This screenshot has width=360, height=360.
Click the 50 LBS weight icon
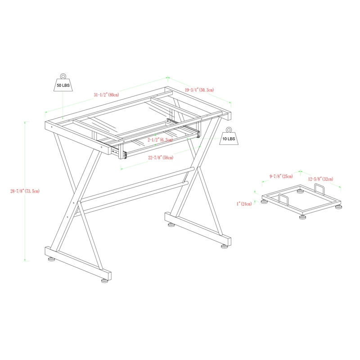pos(63,84)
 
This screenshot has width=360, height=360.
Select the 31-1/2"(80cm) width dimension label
pos(106,95)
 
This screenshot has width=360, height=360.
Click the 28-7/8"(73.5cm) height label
pos(26,191)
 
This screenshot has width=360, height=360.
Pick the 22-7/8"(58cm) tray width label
pos(161,157)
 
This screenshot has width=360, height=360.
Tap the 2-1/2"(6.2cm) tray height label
pos(160,140)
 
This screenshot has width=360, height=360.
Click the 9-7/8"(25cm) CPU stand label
pos(281,176)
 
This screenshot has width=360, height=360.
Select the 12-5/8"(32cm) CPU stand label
pos(320,179)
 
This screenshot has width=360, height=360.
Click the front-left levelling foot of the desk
pos(51,260)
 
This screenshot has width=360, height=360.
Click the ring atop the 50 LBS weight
pos(63,75)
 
